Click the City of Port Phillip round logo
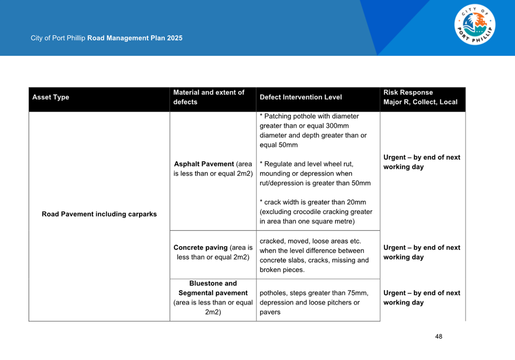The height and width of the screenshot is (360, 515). tap(474, 25)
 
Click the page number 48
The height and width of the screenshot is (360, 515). tap(439, 337)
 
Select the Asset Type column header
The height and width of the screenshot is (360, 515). tap(51, 97)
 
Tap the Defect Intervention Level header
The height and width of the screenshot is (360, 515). tap(301, 97)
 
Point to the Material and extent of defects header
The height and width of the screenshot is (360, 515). tap(209, 97)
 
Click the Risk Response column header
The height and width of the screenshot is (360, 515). tap(408, 93)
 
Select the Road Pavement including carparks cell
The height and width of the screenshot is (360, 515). tap(99, 214)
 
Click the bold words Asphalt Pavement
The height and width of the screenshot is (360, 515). tap(204, 164)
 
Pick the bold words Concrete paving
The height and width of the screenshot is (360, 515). tap(200, 248)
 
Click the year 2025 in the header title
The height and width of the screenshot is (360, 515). tap(175, 38)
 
